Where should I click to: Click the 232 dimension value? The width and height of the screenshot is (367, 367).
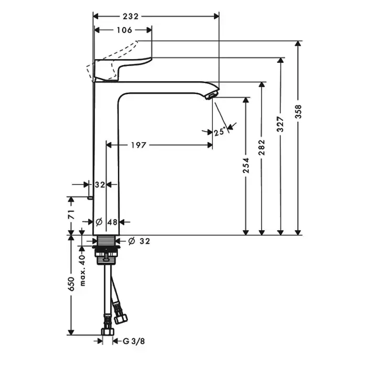click(x=131, y=16)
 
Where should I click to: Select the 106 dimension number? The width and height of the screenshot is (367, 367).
click(x=124, y=30)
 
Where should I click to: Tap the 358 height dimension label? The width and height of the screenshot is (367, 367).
click(x=298, y=112)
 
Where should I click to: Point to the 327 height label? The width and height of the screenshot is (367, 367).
click(x=280, y=124)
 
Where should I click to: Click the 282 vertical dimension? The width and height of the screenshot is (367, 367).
click(x=262, y=147)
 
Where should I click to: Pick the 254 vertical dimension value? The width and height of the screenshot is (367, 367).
click(x=246, y=166)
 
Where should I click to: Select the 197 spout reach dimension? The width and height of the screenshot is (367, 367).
click(x=138, y=145)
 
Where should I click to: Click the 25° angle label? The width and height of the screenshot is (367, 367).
click(x=220, y=132)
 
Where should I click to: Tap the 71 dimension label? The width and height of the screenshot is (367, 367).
click(x=71, y=214)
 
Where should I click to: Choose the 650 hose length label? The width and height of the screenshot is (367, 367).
click(x=71, y=284)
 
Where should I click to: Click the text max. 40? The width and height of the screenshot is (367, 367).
click(x=82, y=271)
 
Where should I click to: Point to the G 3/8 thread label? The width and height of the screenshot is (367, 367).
click(x=134, y=341)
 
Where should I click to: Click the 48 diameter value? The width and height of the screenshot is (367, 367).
click(x=112, y=222)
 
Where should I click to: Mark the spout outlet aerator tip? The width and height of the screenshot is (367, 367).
click(x=211, y=96)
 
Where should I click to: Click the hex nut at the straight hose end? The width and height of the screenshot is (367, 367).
click(x=107, y=331)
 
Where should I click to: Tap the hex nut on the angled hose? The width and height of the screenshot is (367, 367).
click(x=121, y=319)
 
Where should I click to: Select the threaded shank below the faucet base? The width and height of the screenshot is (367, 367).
click(x=106, y=241)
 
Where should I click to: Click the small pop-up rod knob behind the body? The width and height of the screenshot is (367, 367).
click(x=90, y=198)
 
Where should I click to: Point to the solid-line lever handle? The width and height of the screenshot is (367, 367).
click(x=122, y=69)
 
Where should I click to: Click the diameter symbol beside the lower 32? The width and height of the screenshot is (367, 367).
click(x=132, y=241)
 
